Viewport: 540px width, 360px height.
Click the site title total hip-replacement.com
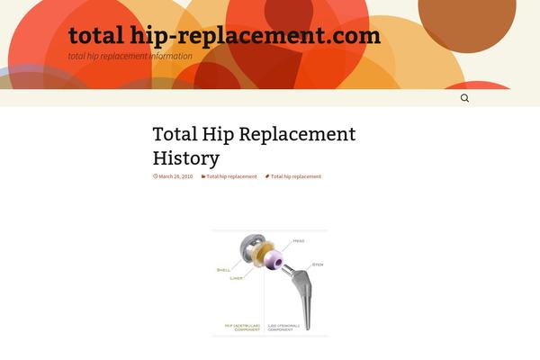coord(224,36)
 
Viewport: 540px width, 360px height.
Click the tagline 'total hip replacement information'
coord(130,56)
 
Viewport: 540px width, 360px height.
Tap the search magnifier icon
coord(464,98)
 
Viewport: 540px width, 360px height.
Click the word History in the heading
coord(186,158)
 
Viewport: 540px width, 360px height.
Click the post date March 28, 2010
coord(175,176)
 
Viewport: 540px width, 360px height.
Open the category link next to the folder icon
coord(231,176)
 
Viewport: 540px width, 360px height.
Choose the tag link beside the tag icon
coord(295,176)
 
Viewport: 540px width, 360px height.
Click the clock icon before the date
coord(156,176)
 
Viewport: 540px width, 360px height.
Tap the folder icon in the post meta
coord(202,176)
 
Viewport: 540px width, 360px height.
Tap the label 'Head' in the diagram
coord(298,240)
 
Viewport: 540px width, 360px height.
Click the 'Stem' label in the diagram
coord(317,264)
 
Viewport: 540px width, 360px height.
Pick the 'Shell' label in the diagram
coord(223,269)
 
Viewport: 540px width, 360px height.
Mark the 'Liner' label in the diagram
coord(236,278)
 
